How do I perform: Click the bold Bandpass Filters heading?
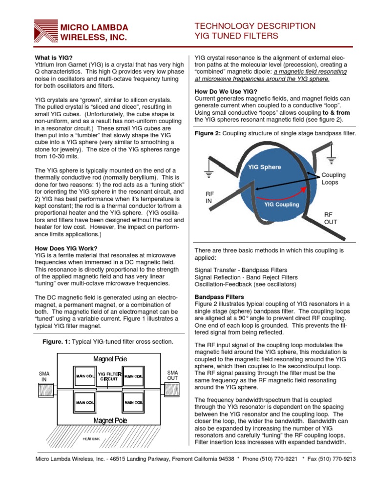point(216,296)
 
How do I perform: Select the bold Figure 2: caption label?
point(207,133)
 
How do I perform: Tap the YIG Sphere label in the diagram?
point(264,167)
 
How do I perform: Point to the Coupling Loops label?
point(333,179)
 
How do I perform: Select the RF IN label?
point(208,197)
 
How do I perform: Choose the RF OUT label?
point(331,218)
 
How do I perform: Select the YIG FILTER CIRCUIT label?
point(106,376)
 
